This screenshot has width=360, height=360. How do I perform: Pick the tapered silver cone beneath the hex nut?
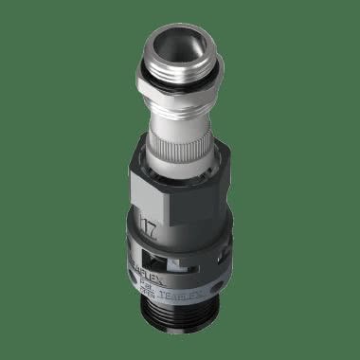[179, 117]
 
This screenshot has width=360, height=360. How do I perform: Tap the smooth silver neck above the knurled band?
[179, 131]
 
